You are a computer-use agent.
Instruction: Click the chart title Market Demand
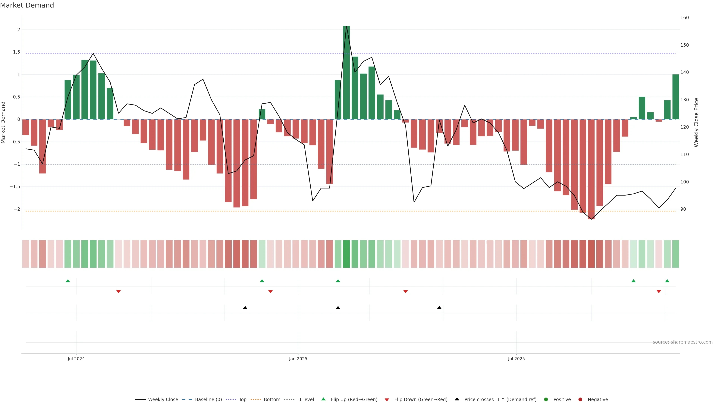(x=27, y=5)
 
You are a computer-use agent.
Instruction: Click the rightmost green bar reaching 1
(x=676, y=97)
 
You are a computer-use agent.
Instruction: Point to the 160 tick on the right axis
(x=684, y=18)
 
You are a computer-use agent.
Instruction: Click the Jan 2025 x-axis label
(x=298, y=359)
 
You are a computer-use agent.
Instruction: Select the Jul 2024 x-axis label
(x=76, y=359)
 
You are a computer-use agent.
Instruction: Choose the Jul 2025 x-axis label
(x=516, y=359)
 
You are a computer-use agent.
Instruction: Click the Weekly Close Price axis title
(x=696, y=122)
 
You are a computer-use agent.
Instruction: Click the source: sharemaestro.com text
(x=683, y=342)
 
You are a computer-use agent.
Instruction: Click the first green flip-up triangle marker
(x=68, y=281)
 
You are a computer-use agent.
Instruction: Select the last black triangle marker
(x=439, y=308)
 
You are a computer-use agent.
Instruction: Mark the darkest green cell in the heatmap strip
(x=346, y=254)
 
